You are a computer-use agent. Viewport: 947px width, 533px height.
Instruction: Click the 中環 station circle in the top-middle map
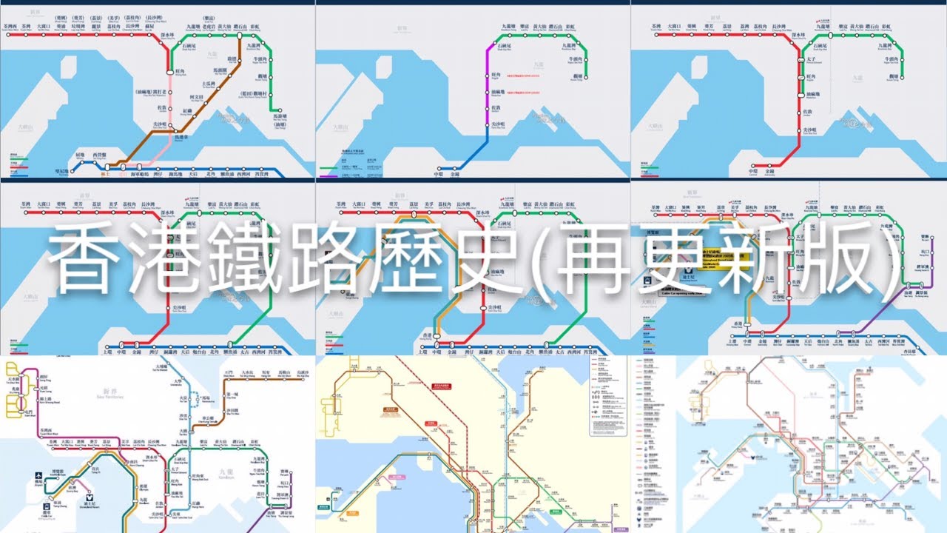click(438, 167)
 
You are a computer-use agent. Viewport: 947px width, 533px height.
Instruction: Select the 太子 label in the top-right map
click(809, 61)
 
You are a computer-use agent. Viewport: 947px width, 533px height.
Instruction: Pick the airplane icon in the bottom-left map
click(38, 477)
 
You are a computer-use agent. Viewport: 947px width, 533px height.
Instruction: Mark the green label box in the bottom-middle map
click(323, 507)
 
